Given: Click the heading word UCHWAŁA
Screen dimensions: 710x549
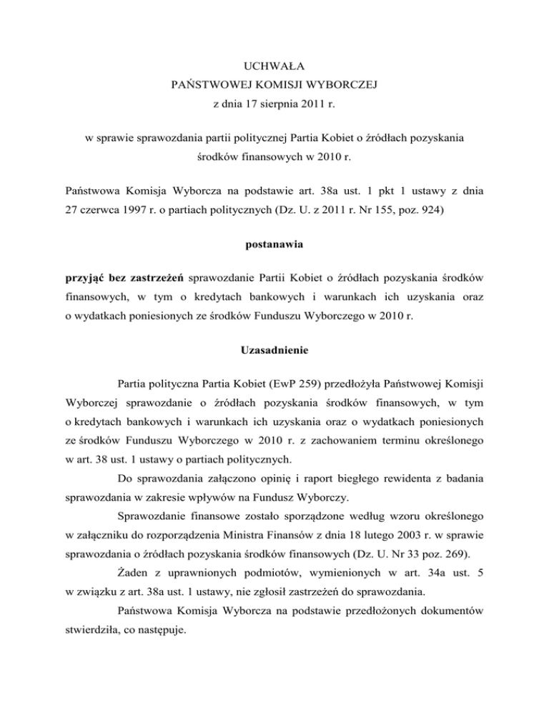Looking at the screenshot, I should coord(274,68).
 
